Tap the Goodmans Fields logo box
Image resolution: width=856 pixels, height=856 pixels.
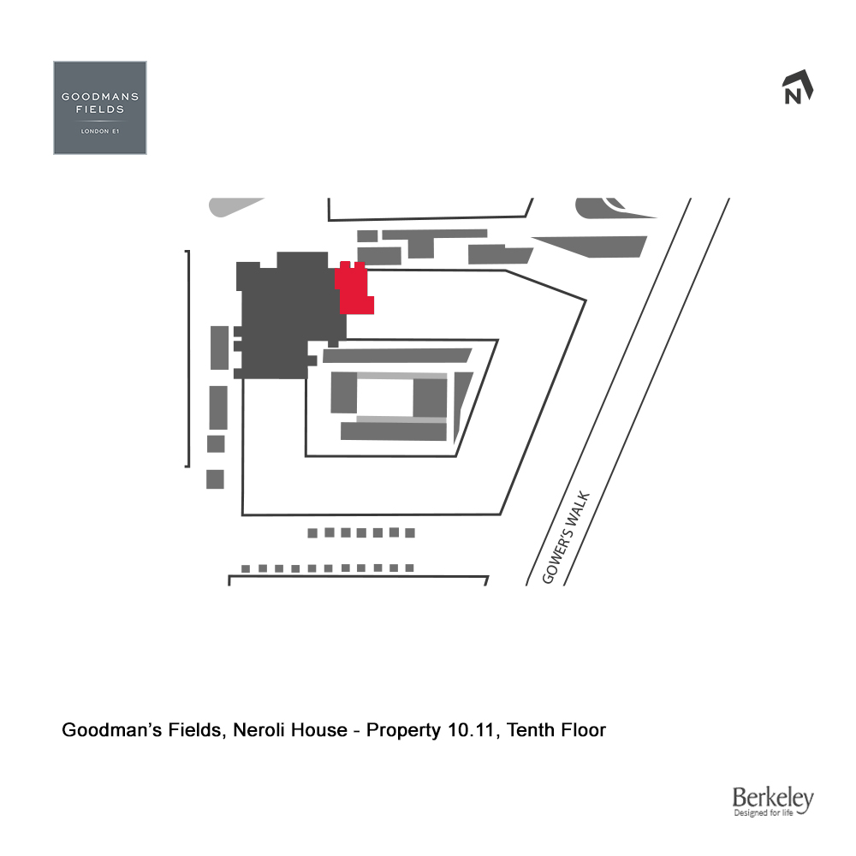pyautogui.click(x=100, y=108)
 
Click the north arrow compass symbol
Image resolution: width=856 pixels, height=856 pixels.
pyautogui.click(x=797, y=88)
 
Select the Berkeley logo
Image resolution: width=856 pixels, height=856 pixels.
pyautogui.click(x=772, y=802)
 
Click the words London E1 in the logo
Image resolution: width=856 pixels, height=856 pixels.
pyautogui.click(x=100, y=132)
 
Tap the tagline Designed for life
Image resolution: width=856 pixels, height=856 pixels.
pyautogui.click(x=771, y=814)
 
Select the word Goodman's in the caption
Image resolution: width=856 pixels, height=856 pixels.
pyautogui.click(x=107, y=731)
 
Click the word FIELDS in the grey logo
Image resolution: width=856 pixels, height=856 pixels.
pyautogui.click(x=100, y=110)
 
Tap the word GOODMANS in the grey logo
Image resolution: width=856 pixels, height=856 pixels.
pyautogui.click(x=100, y=97)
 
